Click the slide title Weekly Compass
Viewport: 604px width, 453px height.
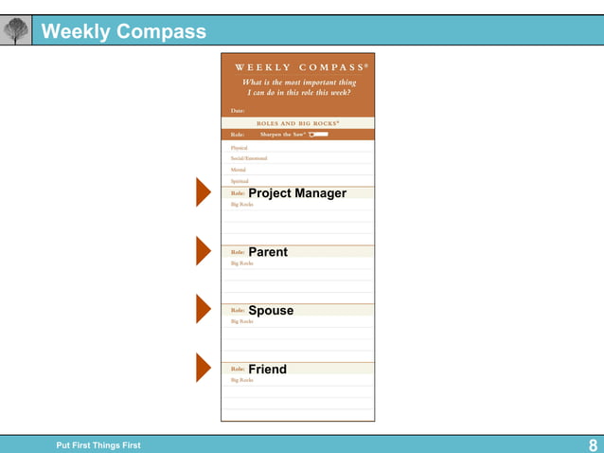pyautogui.click(x=124, y=31)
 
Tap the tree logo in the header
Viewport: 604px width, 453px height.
pyautogui.click(x=16, y=31)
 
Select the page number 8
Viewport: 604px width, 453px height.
pyautogui.click(x=593, y=445)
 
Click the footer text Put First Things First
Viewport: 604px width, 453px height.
pyautogui.click(x=98, y=445)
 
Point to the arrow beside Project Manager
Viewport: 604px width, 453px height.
pyautogui.click(x=203, y=192)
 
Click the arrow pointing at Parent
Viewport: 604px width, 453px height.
pyautogui.click(x=203, y=251)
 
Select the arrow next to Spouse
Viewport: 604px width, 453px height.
pyautogui.click(x=203, y=309)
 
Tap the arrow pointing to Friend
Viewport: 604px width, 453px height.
pyautogui.click(x=203, y=368)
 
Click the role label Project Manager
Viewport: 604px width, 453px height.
pyautogui.click(x=297, y=193)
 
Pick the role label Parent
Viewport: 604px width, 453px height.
pyautogui.click(x=268, y=252)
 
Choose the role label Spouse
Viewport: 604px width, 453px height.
pyautogui.click(x=271, y=311)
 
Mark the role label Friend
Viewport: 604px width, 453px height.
pyautogui.click(x=267, y=370)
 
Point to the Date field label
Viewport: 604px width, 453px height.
pyautogui.click(x=238, y=111)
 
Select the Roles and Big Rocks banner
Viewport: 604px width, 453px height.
pyautogui.click(x=297, y=123)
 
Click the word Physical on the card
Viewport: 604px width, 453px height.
pyautogui.click(x=239, y=148)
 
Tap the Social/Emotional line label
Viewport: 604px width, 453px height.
pyautogui.click(x=249, y=158)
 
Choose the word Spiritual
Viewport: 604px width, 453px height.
pyautogui.click(x=239, y=180)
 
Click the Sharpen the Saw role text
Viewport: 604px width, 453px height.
pyautogui.click(x=282, y=135)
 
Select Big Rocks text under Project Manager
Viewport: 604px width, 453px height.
pyautogui.click(x=241, y=205)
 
